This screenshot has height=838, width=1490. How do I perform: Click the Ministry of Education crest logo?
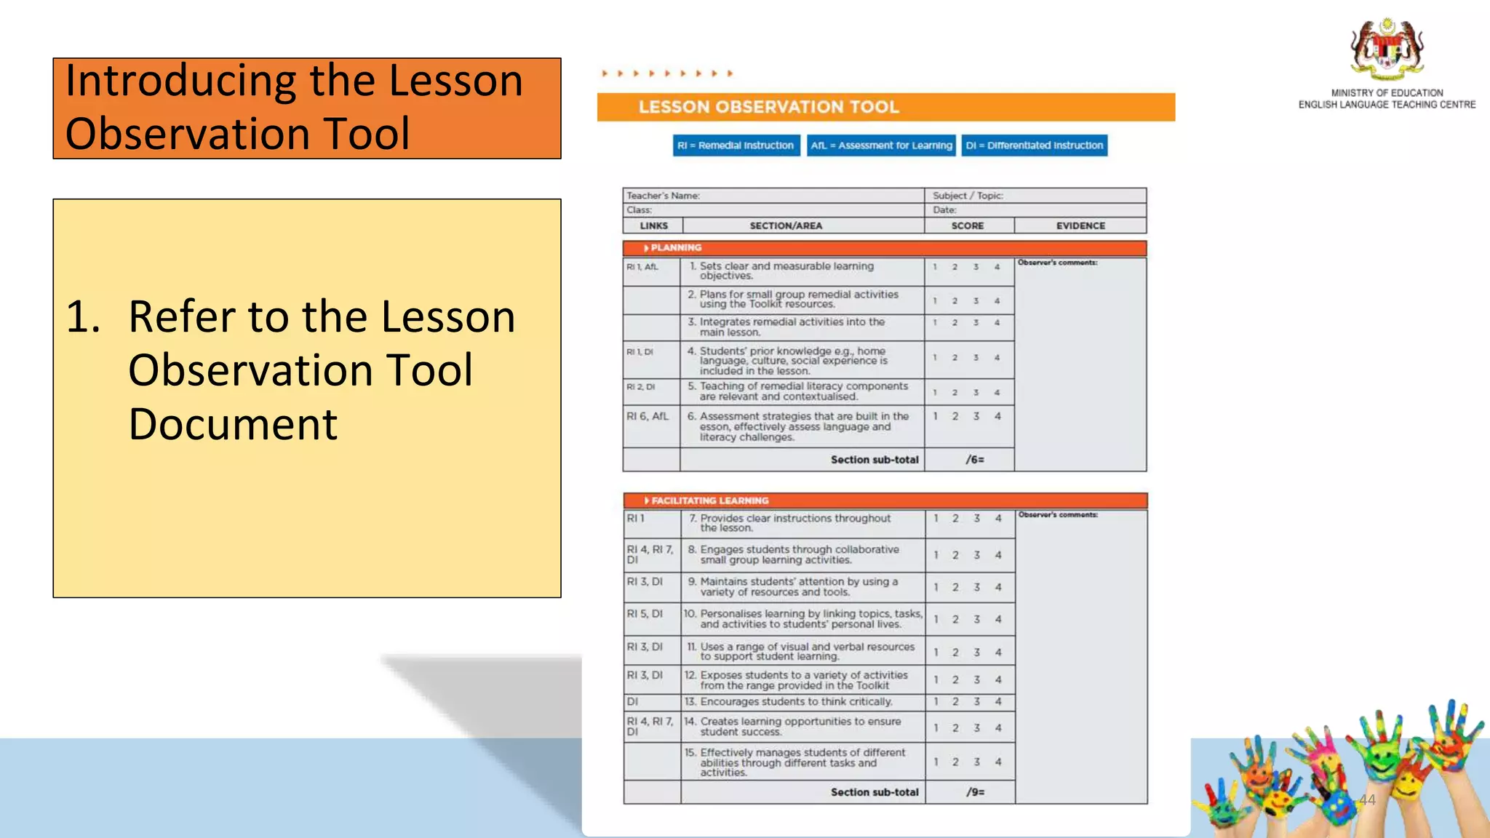(x=1387, y=49)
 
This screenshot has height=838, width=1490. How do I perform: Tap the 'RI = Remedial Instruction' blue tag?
(x=736, y=145)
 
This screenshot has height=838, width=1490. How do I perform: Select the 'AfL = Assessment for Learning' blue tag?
(x=881, y=145)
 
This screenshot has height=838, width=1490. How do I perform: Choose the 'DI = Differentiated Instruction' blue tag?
(x=1034, y=145)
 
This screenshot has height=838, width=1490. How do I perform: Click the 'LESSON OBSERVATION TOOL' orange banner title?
(x=769, y=107)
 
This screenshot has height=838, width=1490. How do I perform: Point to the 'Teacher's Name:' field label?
(x=663, y=196)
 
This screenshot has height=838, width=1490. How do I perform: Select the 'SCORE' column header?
(x=968, y=226)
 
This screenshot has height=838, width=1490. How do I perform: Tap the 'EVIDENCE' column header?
(x=1080, y=226)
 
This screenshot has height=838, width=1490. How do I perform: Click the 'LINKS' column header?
(x=653, y=226)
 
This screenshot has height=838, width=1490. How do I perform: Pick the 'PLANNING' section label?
(x=675, y=248)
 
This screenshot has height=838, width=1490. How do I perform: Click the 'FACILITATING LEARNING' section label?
(x=709, y=500)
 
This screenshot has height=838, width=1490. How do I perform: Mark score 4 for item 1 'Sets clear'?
(x=997, y=267)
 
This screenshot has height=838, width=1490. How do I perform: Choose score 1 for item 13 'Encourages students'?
(x=936, y=702)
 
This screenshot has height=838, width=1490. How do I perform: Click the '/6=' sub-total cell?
(x=975, y=460)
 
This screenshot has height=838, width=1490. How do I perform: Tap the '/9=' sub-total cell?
(x=975, y=792)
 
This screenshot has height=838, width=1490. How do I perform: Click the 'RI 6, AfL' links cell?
(x=647, y=417)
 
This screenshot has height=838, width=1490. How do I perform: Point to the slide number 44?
(x=1367, y=800)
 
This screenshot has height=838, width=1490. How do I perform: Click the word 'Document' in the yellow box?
(x=233, y=424)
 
